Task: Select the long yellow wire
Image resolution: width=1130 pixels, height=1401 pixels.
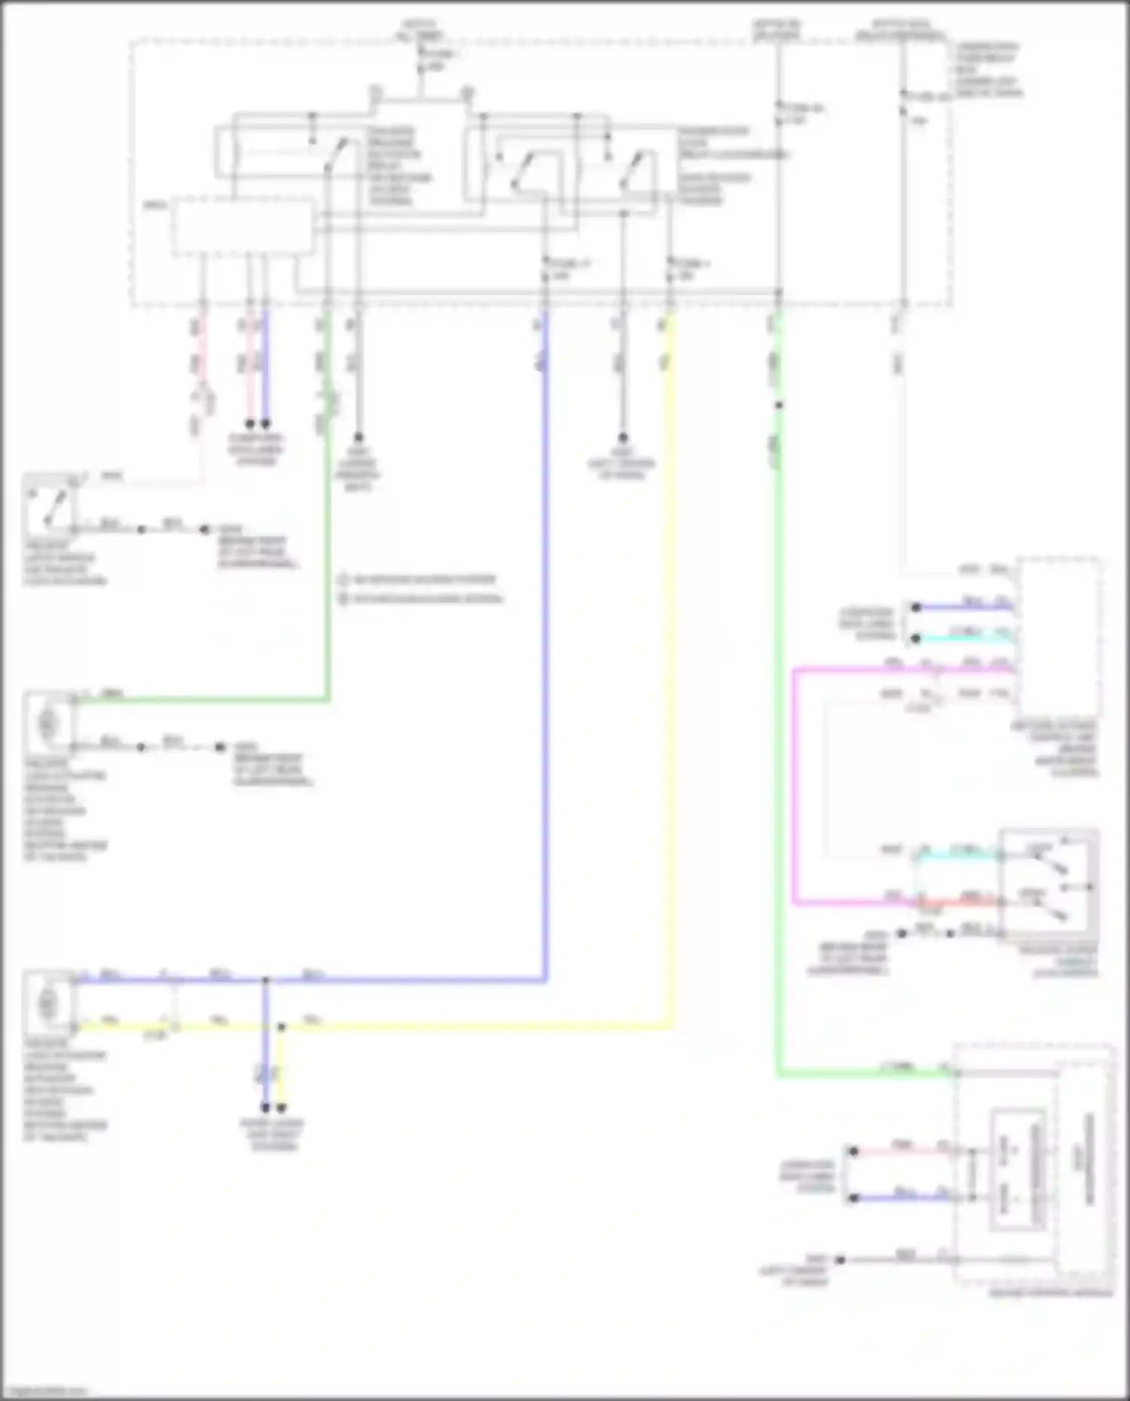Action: (x=669, y=678)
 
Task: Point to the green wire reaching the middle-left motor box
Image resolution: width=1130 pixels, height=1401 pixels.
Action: (x=203, y=701)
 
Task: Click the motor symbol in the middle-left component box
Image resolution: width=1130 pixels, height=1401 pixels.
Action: (x=47, y=723)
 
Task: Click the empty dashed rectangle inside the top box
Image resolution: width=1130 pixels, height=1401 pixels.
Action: (x=243, y=226)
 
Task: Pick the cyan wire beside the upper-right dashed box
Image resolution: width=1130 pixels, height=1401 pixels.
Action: (x=964, y=638)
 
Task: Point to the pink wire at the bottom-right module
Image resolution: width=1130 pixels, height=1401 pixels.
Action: (x=896, y=1151)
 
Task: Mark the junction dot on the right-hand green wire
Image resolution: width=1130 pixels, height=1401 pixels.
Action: (x=779, y=406)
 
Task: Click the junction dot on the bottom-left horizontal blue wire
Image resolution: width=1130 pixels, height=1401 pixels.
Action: (x=265, y=980)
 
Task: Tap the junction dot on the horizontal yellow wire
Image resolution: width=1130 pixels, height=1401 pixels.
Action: (x=281, y=1027)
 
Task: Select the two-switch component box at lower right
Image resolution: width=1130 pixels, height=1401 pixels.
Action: (x=1049, y=885)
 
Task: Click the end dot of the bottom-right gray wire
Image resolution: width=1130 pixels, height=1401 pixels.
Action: (x=840, y=1259)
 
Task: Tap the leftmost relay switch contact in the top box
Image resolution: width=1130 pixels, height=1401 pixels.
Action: (x=331, y=154)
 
